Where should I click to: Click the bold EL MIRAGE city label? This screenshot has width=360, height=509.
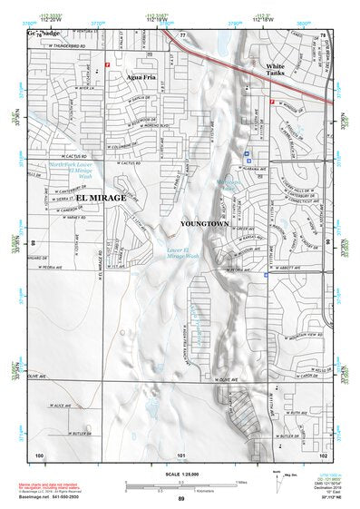click(101, 197)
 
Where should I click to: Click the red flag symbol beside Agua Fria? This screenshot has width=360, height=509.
click(108, 65)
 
